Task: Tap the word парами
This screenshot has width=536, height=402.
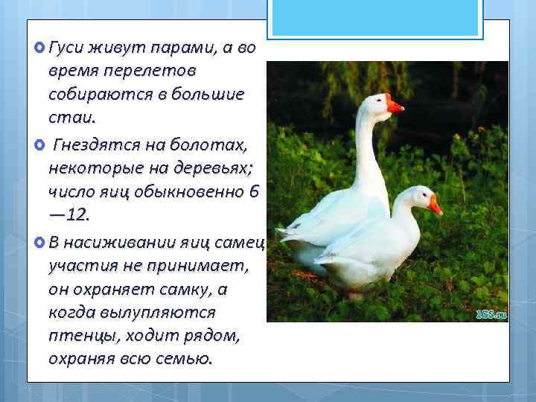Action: click(176, 49)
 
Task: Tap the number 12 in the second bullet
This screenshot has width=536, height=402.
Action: click(76, 215)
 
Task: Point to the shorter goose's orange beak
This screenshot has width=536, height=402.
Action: click(435, 206)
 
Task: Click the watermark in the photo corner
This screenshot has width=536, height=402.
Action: click(491, 314)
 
